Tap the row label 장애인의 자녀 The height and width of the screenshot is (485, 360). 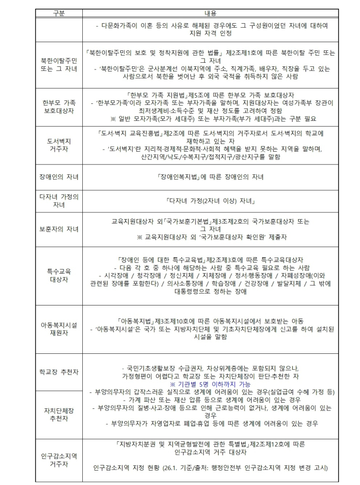pos(59,177)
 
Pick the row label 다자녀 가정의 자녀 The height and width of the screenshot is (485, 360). pos(59,200)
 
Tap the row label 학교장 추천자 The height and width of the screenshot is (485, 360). pos(59,371)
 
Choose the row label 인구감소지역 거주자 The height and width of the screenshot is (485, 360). pos(59,460)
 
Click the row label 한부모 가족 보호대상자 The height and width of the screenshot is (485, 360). pos(59,106)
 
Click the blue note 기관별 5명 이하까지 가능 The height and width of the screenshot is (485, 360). pos(210,384)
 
